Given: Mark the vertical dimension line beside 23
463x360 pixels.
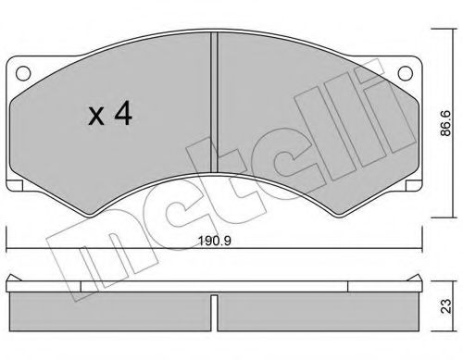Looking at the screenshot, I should [432, 304].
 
